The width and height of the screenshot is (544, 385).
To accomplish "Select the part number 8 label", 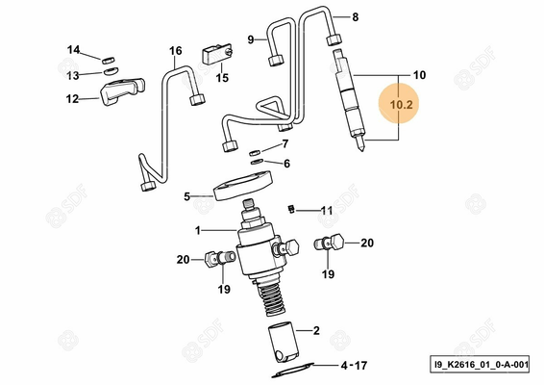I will point(355,17).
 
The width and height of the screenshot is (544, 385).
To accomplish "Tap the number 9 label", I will point(251,39).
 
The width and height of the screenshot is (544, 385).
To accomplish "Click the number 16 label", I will point(175,50).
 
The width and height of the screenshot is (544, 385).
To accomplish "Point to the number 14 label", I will point(73,49).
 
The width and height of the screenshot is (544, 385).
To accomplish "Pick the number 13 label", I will point(73,74).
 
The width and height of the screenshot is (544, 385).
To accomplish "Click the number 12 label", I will point(73,98).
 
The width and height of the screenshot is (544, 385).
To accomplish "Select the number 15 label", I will point(222,79).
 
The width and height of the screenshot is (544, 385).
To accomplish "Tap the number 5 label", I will point(187,197).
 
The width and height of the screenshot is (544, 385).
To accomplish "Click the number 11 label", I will point(326,211).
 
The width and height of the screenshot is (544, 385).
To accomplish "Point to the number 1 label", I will point(197,230).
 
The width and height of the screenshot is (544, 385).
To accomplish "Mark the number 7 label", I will point(284,144).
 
